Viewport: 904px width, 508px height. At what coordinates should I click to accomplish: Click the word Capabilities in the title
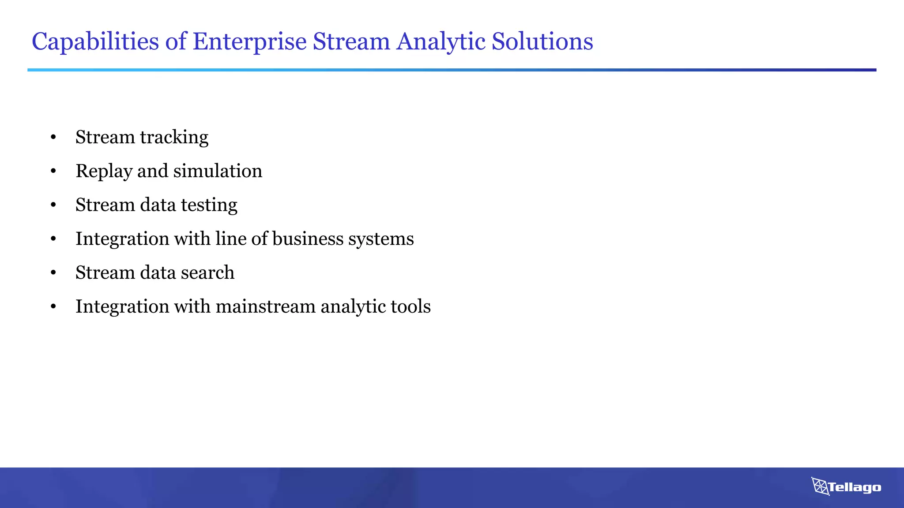pos(95,42)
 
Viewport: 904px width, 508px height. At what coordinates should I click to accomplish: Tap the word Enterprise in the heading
pos(249,42)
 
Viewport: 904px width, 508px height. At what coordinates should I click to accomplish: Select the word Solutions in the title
pos(542,42)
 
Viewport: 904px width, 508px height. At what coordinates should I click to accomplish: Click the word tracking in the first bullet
pos(174,137)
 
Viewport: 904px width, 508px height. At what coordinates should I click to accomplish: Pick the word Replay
pos(104,172)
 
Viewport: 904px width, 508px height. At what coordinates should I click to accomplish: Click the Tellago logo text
pos(855,487)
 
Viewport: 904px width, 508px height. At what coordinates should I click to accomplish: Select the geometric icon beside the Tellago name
pos(820,486)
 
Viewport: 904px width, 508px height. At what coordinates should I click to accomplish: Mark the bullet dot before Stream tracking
pos(53,138)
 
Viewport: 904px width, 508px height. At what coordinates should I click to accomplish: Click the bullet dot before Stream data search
pos(53,273)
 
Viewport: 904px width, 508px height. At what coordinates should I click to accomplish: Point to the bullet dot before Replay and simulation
pos(53,172)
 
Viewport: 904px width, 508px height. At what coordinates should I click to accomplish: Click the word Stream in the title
pos(351,42)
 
